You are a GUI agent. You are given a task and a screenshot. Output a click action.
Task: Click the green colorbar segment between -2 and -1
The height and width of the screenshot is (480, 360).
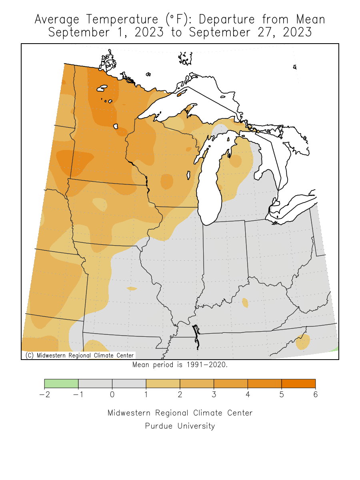pos(61,384)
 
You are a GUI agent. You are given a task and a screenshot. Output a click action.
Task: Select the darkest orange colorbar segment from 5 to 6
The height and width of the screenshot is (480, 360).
pos(298,384)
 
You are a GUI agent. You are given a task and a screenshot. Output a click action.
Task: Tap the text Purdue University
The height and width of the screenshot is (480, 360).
pos(180,426)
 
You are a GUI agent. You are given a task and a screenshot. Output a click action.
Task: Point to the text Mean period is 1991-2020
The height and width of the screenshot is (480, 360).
pos(180,365)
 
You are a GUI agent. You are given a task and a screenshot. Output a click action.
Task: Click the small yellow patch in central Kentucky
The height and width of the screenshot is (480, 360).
pos(245,303)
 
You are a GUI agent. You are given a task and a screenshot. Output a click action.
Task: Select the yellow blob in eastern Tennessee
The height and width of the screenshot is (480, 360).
pos(303,342)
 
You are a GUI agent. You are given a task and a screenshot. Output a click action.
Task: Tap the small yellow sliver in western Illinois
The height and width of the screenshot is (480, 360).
pos(132,288)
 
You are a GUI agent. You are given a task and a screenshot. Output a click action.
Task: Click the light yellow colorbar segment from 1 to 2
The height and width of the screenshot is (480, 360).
pos(163,384)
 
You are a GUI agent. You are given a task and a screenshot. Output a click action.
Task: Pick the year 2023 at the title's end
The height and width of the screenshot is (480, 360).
pos(297,32)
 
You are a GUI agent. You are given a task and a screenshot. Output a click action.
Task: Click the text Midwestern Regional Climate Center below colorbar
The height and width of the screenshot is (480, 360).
pos(180,413)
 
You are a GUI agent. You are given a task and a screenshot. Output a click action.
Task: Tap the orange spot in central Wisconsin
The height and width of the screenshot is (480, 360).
pos(167,182)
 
